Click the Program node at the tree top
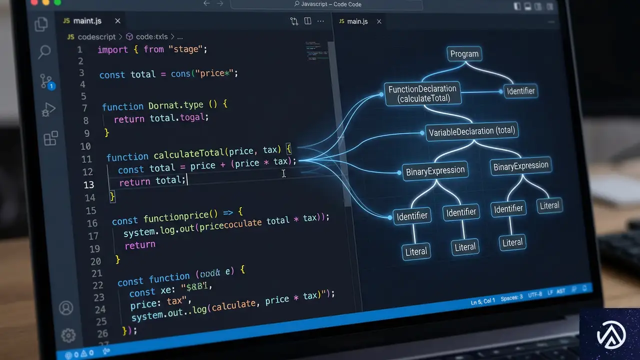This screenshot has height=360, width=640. pyautogui.click(x=464, y=54)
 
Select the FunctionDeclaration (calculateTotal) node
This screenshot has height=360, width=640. pyautogui.click(x=422, y=93)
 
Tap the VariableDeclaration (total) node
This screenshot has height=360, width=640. pyautogui.click(x=472, y=132)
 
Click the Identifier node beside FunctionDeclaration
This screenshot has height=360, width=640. pyautogui.click(x=520, y=91)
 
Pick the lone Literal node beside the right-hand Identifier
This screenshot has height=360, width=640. pyautogui.click(x=549, y=205)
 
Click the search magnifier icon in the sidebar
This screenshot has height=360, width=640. pyautogui.click(x=44, y=51)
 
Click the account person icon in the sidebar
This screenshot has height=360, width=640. pyautogui.click(x=66, y=308)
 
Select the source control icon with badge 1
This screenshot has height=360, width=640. pyautogui.click(x=46, y=81)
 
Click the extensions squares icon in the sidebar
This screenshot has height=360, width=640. pyautogui.click(x=51, y=138)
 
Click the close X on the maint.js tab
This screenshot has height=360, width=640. pyautogui.click(x=117, y=21)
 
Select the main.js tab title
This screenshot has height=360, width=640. pyautogui.click(x=357, y=21)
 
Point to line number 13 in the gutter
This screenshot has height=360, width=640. pyautogui.click(x=88, y=184)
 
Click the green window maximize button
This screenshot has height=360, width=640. pyautogui.click(x=57, y=2)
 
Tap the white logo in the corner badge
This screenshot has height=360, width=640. pyautogui.click(x=609, y=334)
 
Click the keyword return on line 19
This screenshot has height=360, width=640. pyautogui.click(x=139, y=245)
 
